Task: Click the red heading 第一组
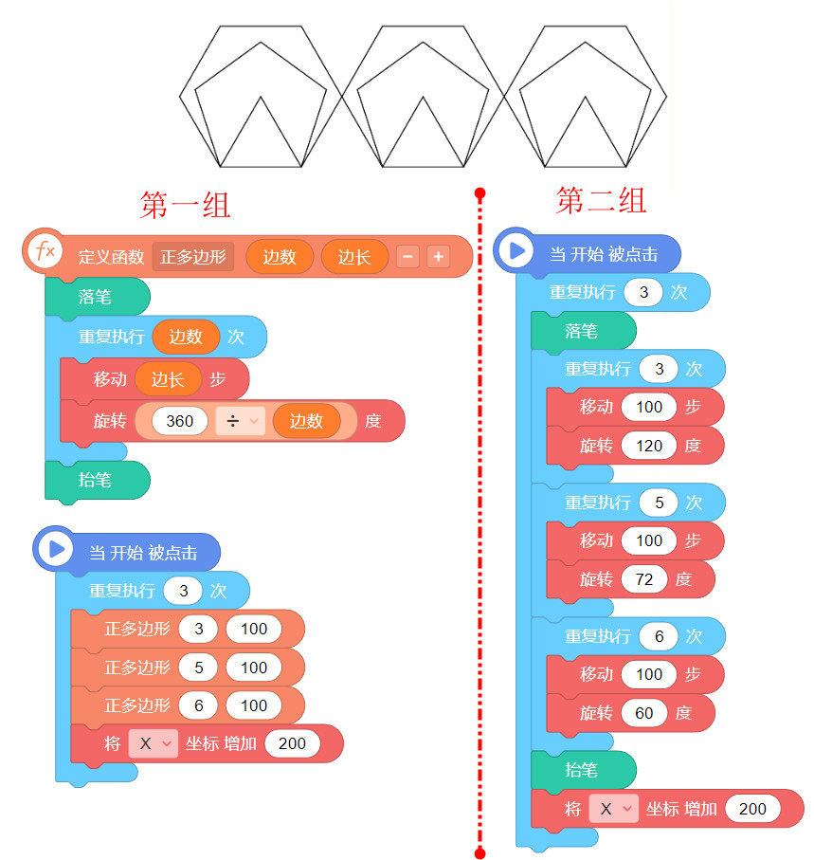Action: (x=186, y=205)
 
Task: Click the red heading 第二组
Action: (x=601, y=200)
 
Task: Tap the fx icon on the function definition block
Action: (x=44, y=251)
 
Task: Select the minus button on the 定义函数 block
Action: (x=407, y=256)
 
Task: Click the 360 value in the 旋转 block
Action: (x=180, y=421)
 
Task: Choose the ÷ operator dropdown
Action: (x=239, y=421)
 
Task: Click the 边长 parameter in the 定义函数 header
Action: (x=354, y=256)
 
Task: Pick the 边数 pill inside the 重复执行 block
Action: (x=186, y=336)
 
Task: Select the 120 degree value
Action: (x=649, y=446)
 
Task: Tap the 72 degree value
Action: (x=644, y=579)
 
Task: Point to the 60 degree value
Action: (x=644, y=713)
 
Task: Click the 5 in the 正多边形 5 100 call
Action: (x=199, y=668)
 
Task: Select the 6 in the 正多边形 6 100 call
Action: (x=199, y=705)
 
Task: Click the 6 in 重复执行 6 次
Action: (x=659, y=636)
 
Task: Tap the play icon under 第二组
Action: (x=516, y=251)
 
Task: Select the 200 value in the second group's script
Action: (x=752, y=809)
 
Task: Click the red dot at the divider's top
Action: (x=479, y=193)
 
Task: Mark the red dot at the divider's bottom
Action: (x=479, y=853)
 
